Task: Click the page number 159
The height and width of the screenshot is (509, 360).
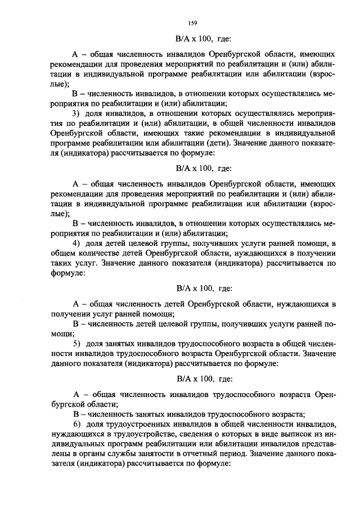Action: coord(192,22)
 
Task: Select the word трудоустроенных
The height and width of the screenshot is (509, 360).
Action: coord(145,422)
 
